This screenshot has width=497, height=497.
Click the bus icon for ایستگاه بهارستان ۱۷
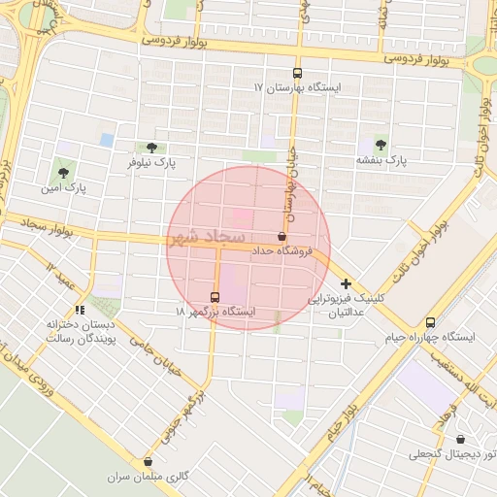pyautogui.click(x=297, y=73)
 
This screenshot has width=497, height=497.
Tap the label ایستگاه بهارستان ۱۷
pyautogui.click(x=297, y=88)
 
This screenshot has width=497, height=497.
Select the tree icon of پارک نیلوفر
pyautogui.click(x=149, y=148)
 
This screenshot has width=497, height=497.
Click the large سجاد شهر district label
pyautogui.click(x=209, y=239)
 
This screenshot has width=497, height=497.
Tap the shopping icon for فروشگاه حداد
pyautogui.click(x=282, y=237)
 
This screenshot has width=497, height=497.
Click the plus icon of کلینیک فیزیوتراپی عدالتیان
pyautogui.click(x=347, y=283)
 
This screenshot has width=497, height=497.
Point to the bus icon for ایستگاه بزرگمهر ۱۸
pyautogui.click(x=215, y=296)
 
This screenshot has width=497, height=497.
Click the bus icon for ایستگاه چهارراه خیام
pyautogui.click(x=430, y=321)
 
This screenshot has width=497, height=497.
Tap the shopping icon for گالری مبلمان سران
pyautogui.click(x=148, y=462)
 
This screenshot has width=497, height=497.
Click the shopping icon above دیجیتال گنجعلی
pyautogui.click(x=460, y=438)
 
